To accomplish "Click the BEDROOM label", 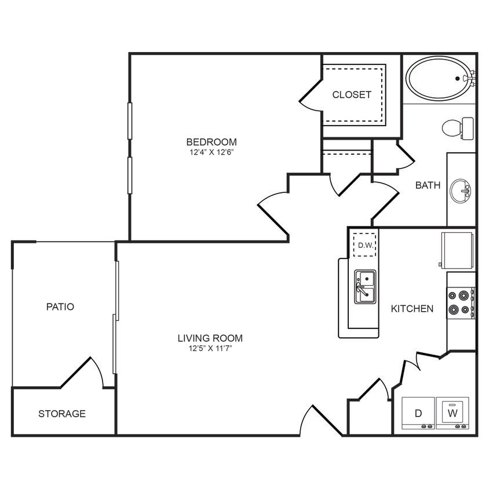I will (x=211, y=142).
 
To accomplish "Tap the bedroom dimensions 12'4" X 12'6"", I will (x=211, y=152).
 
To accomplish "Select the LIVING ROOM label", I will (x=210, y=338).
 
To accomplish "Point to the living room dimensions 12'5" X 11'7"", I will (x=210, y=349).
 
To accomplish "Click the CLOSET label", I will (x=352, y=94).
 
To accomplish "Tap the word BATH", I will (x=428, y=185).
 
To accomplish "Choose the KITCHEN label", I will (x=412, y=309).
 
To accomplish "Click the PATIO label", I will (x=60, y=306).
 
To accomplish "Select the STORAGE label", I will (x=62, y=414).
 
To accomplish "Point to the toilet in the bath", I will (x=457, y=128).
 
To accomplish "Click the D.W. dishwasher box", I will (x=365, y=245).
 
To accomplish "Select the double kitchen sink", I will (x=365, y=286).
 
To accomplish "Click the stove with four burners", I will (x=461, y=302).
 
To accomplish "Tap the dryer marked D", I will (x=418, y=413).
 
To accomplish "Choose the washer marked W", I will (x=452, y=413).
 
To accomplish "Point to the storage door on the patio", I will (x=93, y=371).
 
